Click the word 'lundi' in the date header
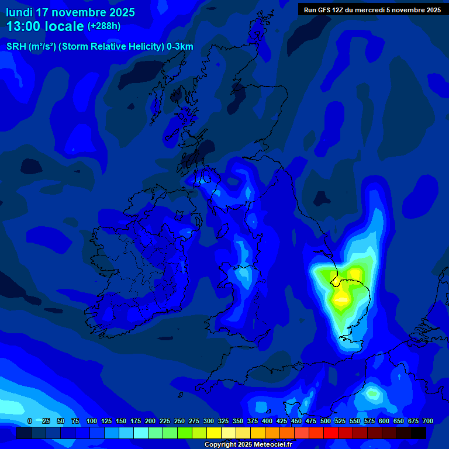point(19,12)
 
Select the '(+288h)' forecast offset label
point(104,26)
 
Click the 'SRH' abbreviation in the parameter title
point(16,47)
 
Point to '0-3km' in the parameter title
point(180,47)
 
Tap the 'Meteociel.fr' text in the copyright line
point(269,445)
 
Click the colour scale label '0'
point(29,421)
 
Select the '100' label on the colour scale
point(92,421)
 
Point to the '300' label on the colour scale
point(209,421)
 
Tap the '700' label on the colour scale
point(428,421)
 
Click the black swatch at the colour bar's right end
point(419,433)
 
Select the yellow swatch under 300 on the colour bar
point(214,433)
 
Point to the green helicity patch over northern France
point(372,393)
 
